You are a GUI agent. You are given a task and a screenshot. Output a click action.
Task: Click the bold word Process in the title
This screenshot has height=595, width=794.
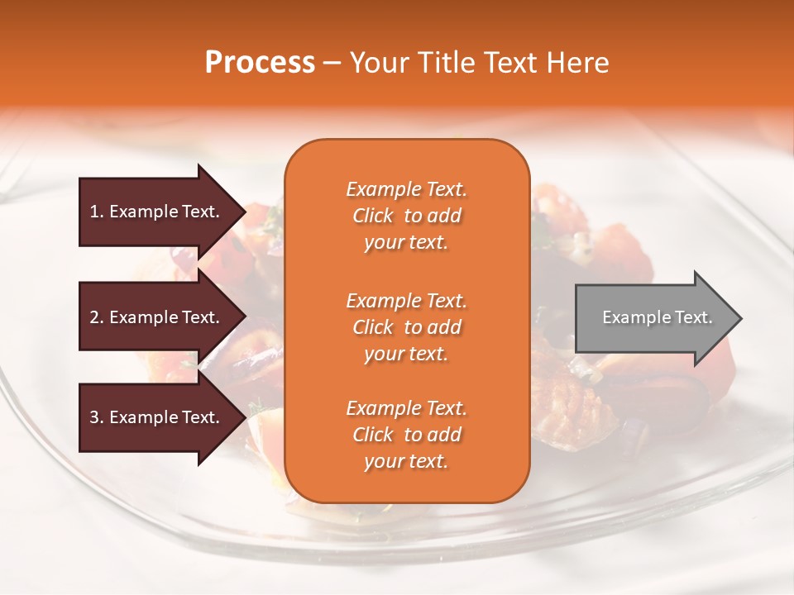260,63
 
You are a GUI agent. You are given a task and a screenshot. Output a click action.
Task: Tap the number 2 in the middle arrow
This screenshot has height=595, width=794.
94,317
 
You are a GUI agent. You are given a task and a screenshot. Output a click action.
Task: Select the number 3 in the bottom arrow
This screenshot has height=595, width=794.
94,417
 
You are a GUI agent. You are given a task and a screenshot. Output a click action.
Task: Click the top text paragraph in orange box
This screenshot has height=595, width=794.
406,216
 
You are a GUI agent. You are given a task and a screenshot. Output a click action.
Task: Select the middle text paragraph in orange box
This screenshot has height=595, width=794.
406,327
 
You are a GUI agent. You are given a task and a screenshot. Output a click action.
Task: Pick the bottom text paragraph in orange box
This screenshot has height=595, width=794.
406,435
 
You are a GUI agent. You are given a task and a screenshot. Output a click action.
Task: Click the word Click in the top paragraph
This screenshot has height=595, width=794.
372,216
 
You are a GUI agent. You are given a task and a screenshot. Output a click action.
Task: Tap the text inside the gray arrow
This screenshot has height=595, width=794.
658,317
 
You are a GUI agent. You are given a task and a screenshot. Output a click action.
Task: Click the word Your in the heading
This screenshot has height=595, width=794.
377,63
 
